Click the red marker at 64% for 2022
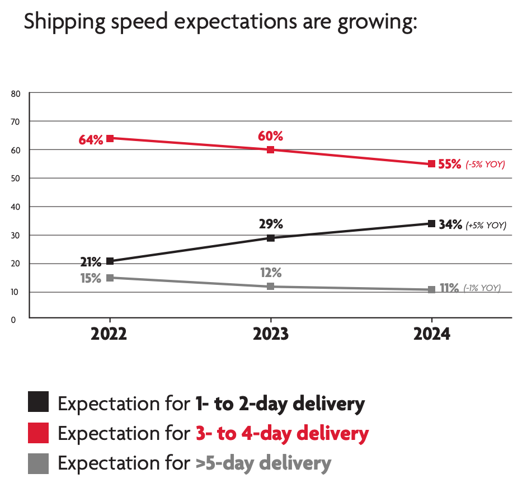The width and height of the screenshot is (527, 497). (110, 138)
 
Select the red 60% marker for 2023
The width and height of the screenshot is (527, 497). (271, 149)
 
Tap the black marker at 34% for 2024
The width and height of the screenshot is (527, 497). (431, 223)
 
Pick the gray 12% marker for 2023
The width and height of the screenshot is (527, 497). (271, 287)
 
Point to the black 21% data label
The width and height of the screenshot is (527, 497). (90, 261)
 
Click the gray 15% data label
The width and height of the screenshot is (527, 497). (90, 278)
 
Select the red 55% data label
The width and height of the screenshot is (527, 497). (450, 165)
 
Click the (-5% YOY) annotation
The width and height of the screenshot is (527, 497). (485, 165)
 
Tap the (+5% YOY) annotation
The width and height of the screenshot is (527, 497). (486, 226)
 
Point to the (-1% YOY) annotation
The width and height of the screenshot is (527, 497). (482, 288)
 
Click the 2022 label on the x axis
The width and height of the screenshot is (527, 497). (109, 335)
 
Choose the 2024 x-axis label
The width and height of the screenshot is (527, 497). (431, 335)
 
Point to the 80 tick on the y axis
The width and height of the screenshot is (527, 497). (16, 93)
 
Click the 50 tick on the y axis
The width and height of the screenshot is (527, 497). (16, 178)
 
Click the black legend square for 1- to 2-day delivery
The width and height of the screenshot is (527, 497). (39, 402)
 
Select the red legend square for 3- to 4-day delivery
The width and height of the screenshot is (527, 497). (39, 433)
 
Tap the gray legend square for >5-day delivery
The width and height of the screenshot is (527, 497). (39, 463)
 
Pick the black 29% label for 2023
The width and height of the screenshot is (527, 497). (271, 224)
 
